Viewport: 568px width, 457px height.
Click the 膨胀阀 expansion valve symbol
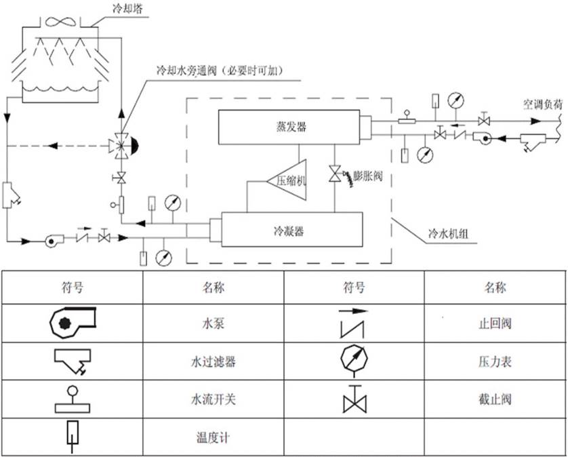[334, 173]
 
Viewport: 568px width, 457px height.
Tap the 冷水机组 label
[443, 234]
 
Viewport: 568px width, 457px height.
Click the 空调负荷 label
[542, 104]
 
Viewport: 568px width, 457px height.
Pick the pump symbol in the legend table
[73, 322]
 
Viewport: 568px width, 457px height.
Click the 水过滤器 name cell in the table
[213, 361]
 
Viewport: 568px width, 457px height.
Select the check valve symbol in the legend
[355, 322]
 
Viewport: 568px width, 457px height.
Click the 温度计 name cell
[213, 437]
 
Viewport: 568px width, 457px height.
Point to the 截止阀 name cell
[494, 399]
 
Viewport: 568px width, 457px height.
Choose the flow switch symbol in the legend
[73, 399]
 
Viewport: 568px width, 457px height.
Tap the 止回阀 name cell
[494, 323]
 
